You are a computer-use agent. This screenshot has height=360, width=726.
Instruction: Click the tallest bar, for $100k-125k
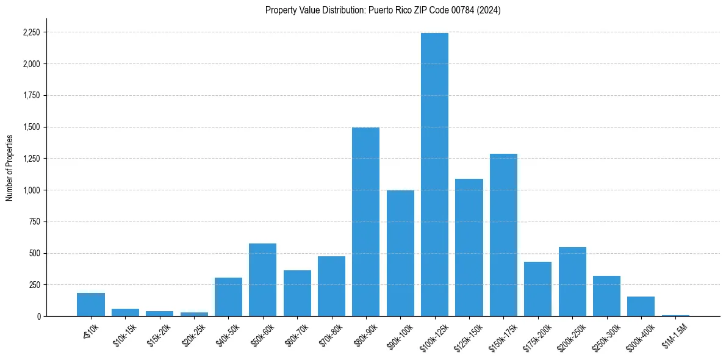(x=434, y=175)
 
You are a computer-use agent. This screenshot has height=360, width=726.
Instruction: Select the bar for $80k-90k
(x=365, y=221)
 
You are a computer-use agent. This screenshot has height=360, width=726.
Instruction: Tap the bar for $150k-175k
(x=503, y=235)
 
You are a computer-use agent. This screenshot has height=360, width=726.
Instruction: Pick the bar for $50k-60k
(x=262, y=279)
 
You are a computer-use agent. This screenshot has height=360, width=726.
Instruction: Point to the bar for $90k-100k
(x=400, y=253)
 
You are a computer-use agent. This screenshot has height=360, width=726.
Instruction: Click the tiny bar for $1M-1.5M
(x=675, y=315)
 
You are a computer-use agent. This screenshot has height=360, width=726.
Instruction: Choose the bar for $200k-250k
(x=572, y=281)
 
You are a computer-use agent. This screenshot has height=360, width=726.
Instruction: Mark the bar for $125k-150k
(x=469, y=247)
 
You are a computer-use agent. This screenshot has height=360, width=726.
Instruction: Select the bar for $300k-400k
(x=641, y=306)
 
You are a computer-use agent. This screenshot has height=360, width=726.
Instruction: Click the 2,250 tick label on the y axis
(x=32, y=32)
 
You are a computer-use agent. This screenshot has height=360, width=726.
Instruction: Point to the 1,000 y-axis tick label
(x=32, y=190)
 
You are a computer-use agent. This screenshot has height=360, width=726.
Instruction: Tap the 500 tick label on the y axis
(x=35, y=253)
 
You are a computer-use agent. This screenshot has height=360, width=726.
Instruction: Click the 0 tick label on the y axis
(x=40, y=317)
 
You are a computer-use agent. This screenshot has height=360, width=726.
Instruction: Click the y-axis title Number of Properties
(x=9, y=168)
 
